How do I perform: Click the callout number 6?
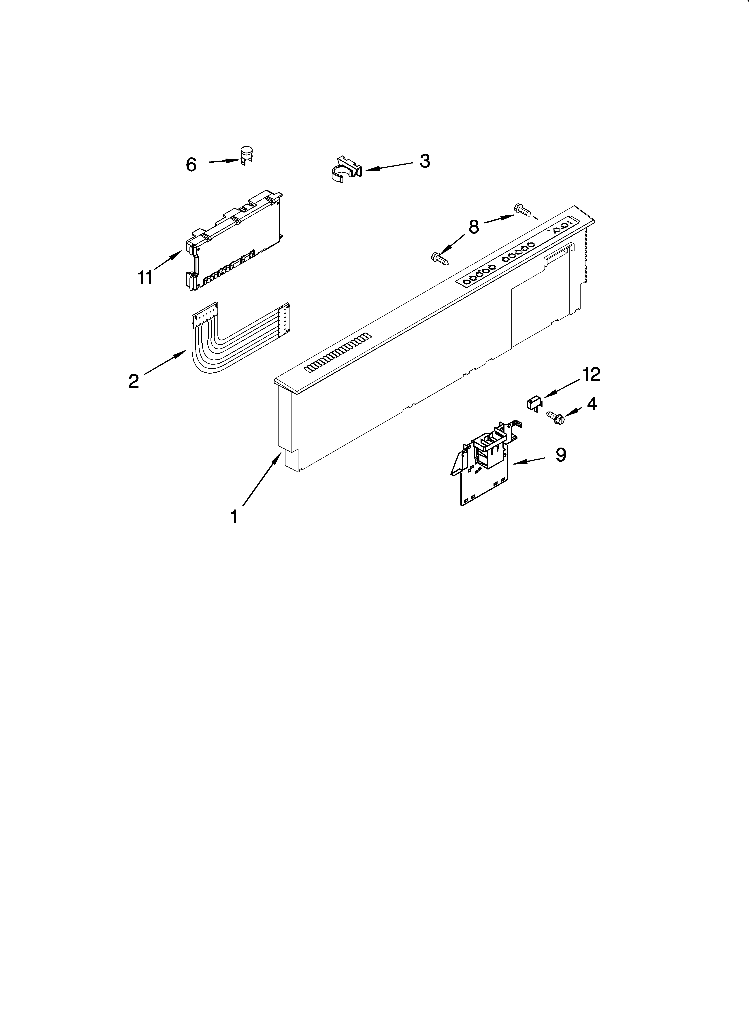(x=191, y=165)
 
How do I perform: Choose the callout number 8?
(x=474, y=227)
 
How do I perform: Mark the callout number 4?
(x=592, y=403)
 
